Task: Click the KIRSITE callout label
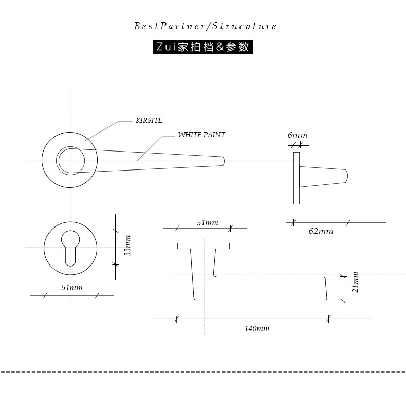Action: click(x=149, y=121)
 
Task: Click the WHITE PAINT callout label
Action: click(x=201, y=135)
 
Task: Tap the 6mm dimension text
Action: click(x=298, y=135)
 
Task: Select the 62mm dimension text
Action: click(x=321, y=231)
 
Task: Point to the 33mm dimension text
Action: click(x=128, y=245)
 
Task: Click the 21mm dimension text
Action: click(x=355, y=282)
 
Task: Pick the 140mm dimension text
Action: click(x=256, y=329)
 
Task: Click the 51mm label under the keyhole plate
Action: click(x=71, y=288)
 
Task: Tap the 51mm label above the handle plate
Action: click(x=208, y=223)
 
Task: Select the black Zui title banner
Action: click(x=204, y=47)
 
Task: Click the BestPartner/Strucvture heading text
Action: click(x=205, y=26)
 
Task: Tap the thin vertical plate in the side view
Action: click(x=296, y=178)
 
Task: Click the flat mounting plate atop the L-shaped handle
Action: click(x=204, y=246)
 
